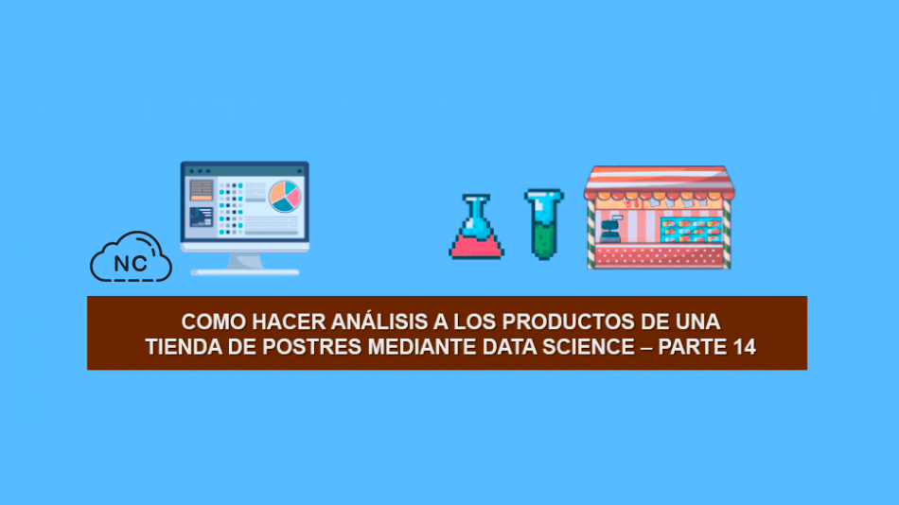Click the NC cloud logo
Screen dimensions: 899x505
point(131,257)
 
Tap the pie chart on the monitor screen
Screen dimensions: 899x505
point(285,196)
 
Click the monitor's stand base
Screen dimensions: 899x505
point(245,271)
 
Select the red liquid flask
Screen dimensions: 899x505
point(476,227)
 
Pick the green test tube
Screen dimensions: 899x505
point(543,224)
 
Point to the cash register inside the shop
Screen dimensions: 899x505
point(610,229)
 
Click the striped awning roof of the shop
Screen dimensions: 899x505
point(660,182)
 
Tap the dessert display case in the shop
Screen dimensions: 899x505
point(691,229)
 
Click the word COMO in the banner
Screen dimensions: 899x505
point(214,322)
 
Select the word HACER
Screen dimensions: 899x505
point(289,322)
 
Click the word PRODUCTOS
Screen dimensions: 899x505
point(568,322)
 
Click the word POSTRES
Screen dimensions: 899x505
point(312,347)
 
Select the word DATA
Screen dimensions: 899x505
point(510,347)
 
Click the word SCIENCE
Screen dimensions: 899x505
point(589,347)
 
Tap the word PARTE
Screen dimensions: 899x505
point(692,347)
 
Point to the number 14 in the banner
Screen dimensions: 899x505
point(744,347)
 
